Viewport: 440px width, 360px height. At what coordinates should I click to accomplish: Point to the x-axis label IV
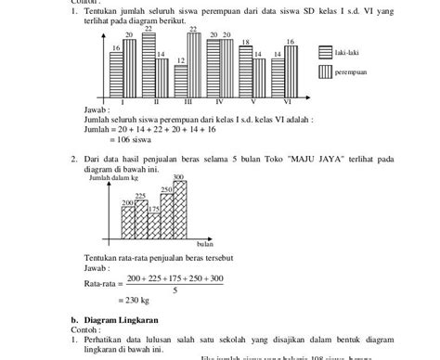pyautogui.click(x=219, y=101)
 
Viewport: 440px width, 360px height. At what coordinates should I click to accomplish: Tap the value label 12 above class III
pyautogui.click(x=180, y=59)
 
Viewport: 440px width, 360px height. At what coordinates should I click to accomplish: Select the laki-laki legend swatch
pyautogui.click(x=327, y=53)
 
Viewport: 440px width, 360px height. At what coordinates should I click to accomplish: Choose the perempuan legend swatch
pyautogui.click(x=327, y=71)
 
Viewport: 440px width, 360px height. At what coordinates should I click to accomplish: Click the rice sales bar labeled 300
pyautogui.click(x=179, y=211)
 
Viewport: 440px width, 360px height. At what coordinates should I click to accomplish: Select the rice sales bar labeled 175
pyautogui.click(x=153, y=225)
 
